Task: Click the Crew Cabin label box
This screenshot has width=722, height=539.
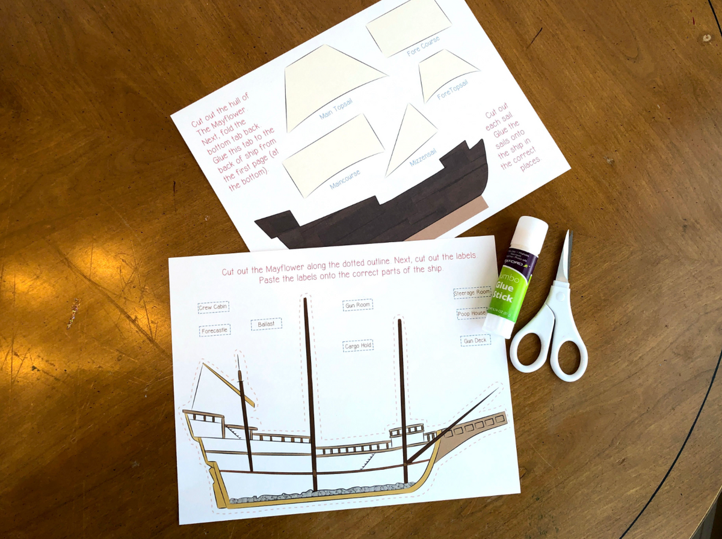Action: coord(213,307)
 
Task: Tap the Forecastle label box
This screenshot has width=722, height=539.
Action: coord(215,330)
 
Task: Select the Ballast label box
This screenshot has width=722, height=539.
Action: coord(266,324)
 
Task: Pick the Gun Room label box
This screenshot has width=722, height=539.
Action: coord(357,305)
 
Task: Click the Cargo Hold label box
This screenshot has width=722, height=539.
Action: coord(358,346)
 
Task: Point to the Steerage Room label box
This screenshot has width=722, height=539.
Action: coord(472,293)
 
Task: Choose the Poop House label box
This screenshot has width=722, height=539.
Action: coord(472,313)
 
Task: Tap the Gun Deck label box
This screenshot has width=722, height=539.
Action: coord(475,340)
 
